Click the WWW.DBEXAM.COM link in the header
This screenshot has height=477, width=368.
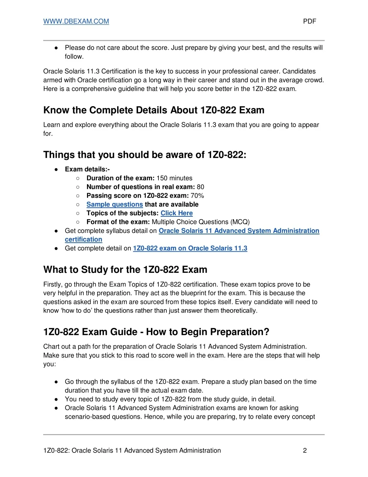(x=76, y=21)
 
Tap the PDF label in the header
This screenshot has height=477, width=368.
(x=309, y=21)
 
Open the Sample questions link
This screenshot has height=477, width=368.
(x=115, y=204)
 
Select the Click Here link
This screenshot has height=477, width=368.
(x=176, y=213)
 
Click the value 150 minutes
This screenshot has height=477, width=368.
(x=174, y=178)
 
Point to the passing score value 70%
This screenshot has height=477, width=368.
(x=197, y=196)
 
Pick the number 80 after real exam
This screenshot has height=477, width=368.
(x=201, y=187)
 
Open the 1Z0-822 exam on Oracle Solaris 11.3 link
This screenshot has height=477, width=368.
(x=190, y=248)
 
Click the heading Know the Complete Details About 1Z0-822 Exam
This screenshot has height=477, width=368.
(x=154, y=110)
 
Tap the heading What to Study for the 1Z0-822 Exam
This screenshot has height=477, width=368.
(x=125, y=270)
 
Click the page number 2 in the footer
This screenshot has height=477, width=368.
(x=305, y=451)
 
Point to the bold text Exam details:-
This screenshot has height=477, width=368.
(x=87, y=169)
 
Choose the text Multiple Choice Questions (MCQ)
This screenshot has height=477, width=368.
(x=201, y=222)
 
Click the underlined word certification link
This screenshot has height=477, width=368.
(x=83, y=240)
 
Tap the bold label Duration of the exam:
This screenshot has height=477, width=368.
(x=120, y=178)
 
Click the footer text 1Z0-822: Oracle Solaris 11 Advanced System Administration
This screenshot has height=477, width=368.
(x=132, y=451)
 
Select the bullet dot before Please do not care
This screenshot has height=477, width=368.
(x=56, y=48)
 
